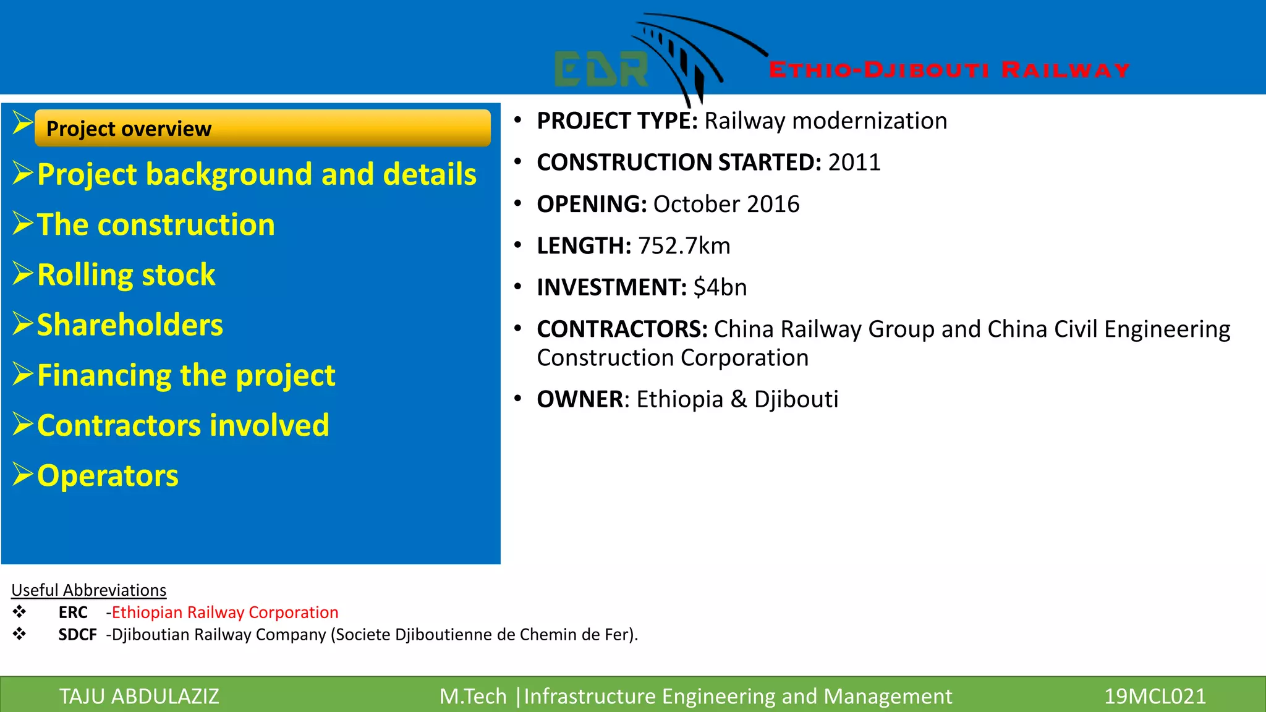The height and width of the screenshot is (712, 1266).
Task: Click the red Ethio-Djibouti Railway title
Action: point(949,70)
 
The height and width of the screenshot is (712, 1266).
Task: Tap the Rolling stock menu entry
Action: point(126,275)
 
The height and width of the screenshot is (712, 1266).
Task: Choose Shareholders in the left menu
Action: point(130,325)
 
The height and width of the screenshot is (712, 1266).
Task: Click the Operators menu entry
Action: point(108,476)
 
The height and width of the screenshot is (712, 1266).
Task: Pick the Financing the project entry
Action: point(186,375)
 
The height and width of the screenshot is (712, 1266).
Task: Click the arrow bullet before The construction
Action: point(23,223)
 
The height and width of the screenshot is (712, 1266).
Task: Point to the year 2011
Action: point(854,163)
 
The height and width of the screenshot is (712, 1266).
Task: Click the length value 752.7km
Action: point(684,246)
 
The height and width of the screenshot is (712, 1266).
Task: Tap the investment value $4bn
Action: point(720,287)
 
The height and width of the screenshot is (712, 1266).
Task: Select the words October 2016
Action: point(726,205)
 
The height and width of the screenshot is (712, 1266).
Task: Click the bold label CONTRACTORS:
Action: point(622,329)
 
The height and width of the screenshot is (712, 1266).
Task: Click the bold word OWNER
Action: point(579,399)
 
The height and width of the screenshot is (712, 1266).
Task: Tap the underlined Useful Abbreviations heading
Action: point(89,590)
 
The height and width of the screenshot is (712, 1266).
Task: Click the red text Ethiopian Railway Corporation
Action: point(225,612)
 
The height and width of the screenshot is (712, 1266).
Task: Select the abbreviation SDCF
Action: point(77,635)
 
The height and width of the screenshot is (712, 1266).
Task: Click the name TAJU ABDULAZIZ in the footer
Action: point(139,697)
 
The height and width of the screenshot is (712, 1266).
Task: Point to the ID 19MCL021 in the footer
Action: point(1154,697)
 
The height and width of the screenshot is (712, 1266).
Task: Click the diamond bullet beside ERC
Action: point(20,612)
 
